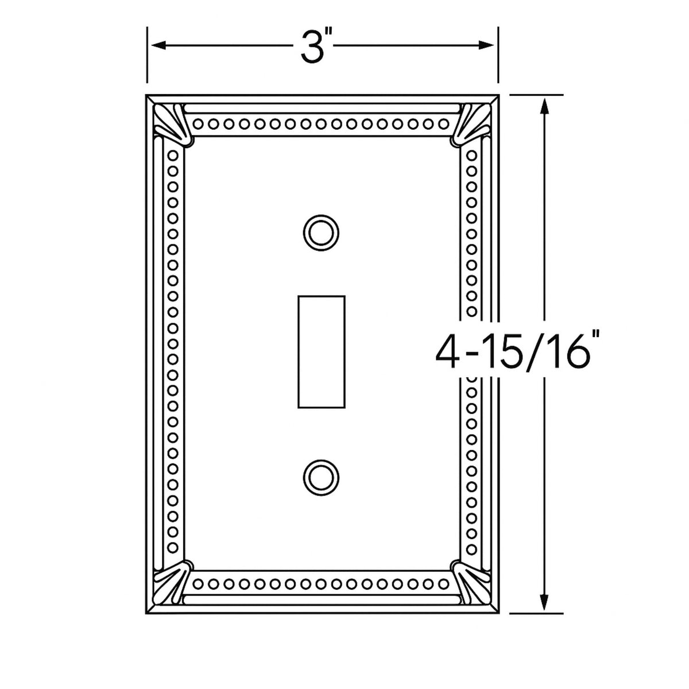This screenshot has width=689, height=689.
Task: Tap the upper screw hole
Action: point(321,233)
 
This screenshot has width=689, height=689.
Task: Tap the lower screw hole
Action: point(321,475)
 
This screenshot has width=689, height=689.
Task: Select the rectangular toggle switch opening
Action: point(322,351)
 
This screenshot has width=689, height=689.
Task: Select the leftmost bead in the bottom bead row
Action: point(199,585)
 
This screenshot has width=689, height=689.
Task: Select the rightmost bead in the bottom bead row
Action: point(444,585)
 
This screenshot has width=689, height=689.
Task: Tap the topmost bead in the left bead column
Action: point(172,156)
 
